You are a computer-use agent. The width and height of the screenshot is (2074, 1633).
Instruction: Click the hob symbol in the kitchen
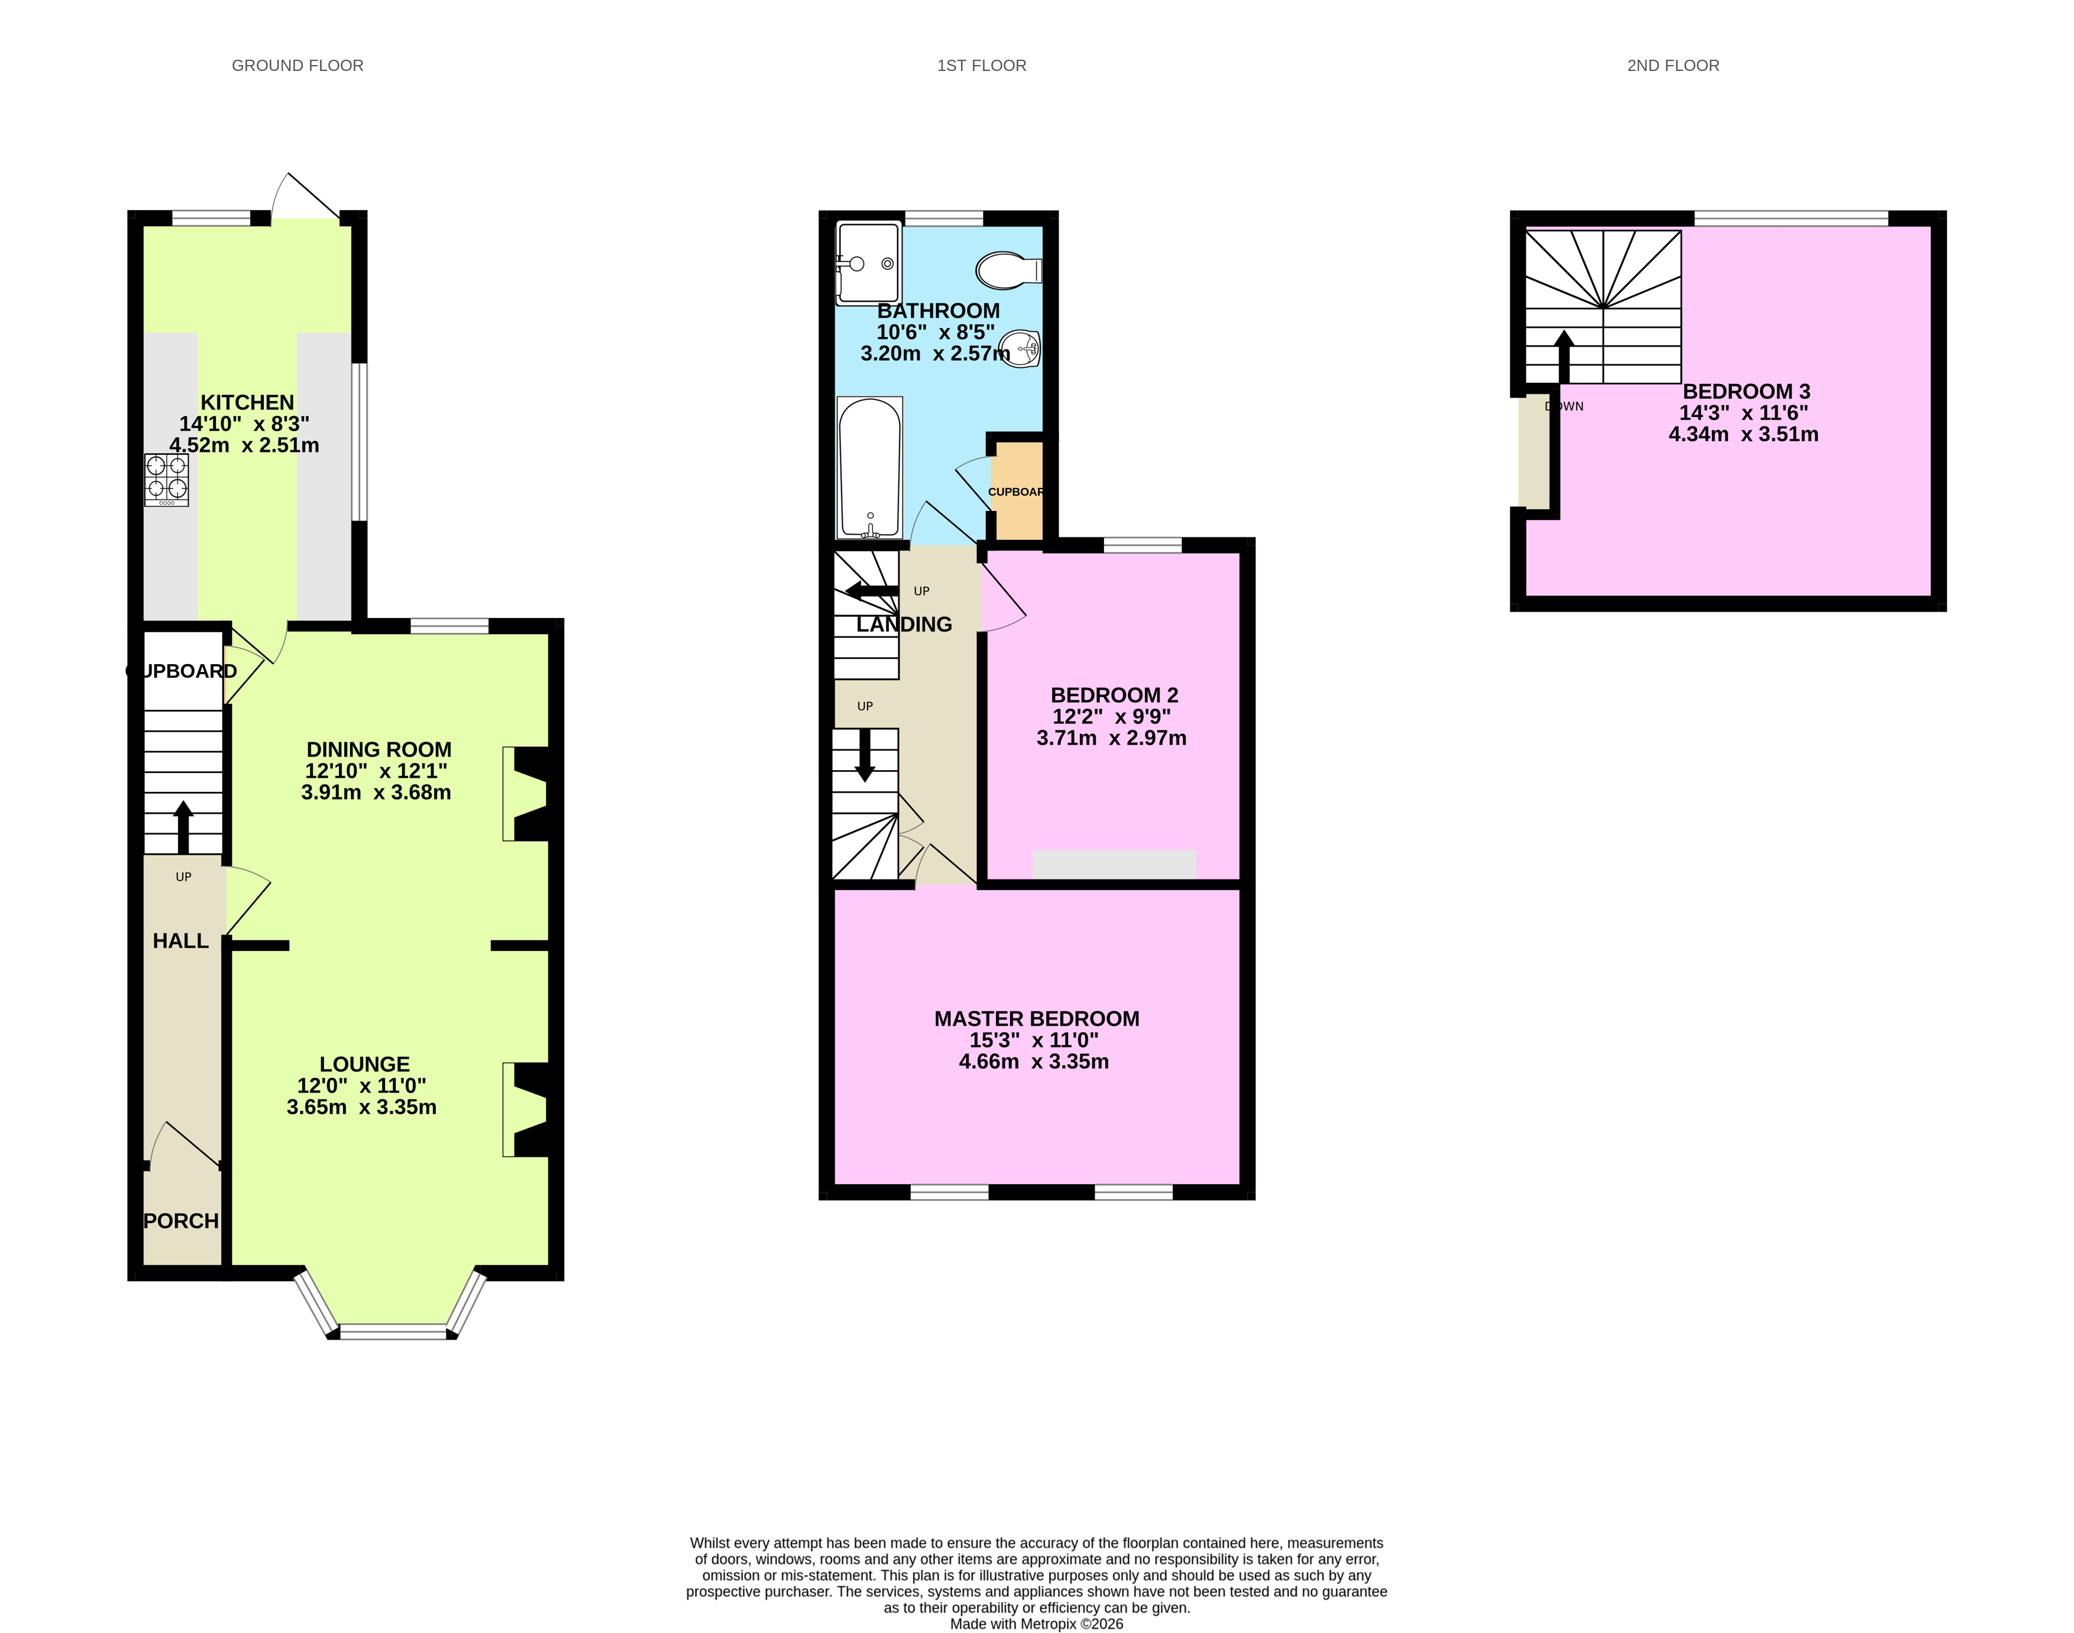click(166, 480)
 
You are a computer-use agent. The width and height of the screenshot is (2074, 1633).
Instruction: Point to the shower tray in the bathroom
click(868, 263)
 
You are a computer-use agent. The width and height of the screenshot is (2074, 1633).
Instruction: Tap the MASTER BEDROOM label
click(1036, 1019)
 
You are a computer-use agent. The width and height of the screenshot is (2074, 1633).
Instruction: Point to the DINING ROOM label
click(378, 749)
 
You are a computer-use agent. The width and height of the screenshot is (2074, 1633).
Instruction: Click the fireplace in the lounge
click(529, 1110)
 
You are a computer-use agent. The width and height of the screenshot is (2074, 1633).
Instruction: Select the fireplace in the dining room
click(529, 794)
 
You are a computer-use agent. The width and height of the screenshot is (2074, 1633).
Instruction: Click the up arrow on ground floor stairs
click(183, 827)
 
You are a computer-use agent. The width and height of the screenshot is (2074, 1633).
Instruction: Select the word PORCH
click(180, 1221)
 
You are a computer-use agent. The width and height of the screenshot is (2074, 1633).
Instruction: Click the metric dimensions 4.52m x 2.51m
click(245, 445)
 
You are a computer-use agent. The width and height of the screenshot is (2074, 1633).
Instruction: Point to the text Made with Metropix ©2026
click(1036, 1624)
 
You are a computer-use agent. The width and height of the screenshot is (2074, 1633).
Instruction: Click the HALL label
click(180, 941)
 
